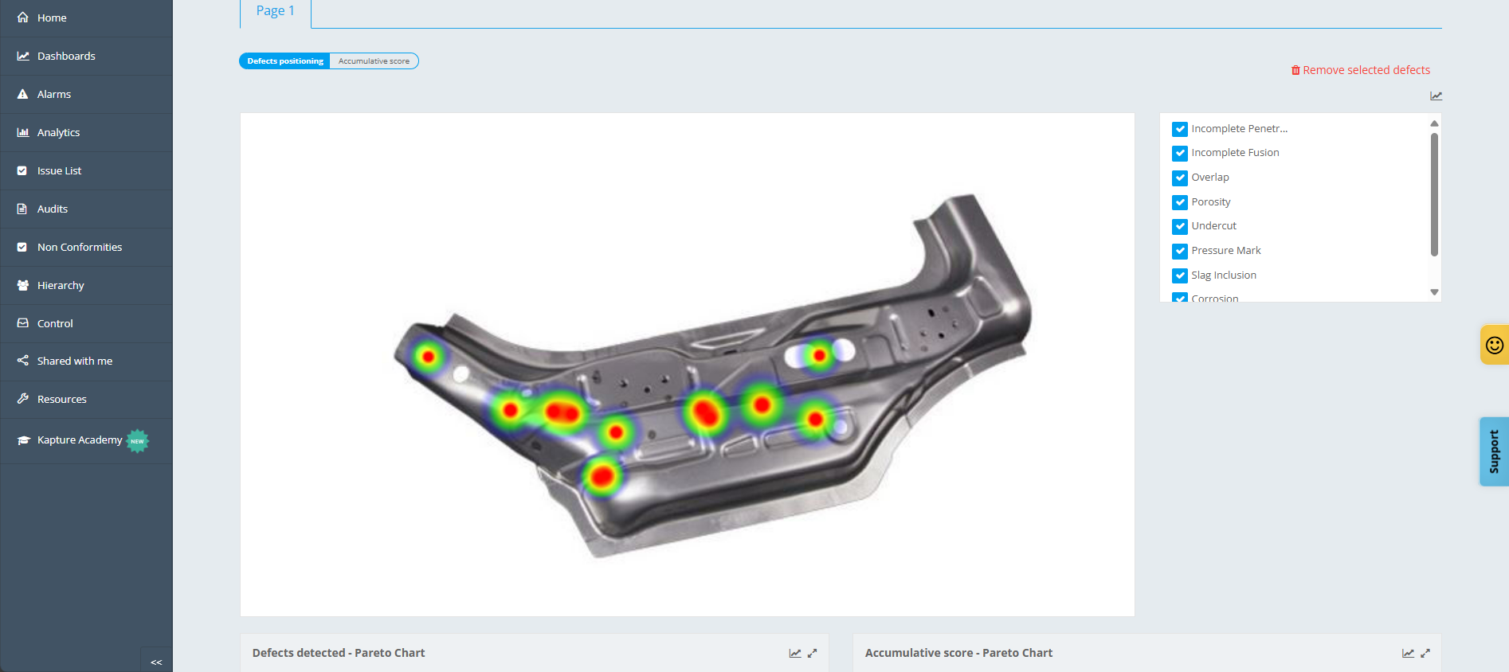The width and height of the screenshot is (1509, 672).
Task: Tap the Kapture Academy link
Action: click(80, 440)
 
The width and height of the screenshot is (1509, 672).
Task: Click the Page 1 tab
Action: click(276, 11)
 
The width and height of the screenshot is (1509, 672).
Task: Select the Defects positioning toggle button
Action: click(284, 61)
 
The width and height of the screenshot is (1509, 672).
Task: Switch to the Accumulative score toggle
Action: click(374, 61)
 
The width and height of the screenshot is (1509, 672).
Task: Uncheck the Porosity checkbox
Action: click(1180, 202)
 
